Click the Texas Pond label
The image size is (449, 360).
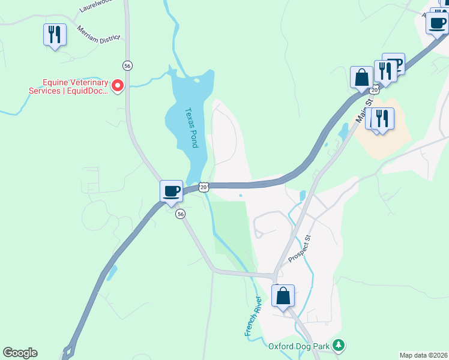point(191,128)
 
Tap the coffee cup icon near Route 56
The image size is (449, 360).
point(172,191)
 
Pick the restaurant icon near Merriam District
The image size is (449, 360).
point(55,34)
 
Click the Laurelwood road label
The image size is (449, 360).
point(96,6)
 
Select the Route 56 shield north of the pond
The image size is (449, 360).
point(127,65)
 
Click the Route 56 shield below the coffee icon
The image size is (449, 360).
point(180,214)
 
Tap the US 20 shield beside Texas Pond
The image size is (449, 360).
point(204,187)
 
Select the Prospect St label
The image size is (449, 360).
point(300,248)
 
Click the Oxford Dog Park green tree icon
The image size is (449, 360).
point(339,345)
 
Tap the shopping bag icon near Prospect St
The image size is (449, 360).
point(283,295)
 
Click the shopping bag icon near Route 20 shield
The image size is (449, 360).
point(362,77)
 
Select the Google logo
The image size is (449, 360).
point(20,353)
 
